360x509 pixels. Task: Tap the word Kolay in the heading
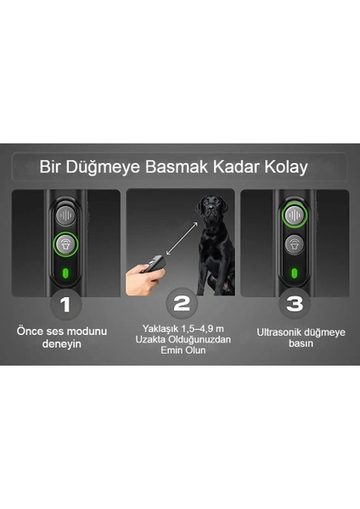pos(287,167)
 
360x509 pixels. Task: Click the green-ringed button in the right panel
pos(294,215)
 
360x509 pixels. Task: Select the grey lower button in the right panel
pos(294,245)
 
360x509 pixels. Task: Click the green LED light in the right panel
pos(294,274)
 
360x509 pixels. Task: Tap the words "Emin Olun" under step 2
pos(180,352)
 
